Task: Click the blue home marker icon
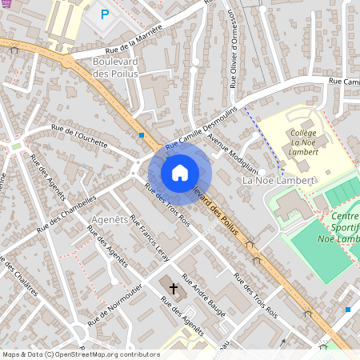179,173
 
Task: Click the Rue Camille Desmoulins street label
202,126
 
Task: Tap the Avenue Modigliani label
233,152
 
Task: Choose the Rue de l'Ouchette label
78,135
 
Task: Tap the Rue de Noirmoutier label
117,304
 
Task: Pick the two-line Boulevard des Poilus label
116,67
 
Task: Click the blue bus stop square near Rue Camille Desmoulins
142,135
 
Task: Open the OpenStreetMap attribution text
80,354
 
